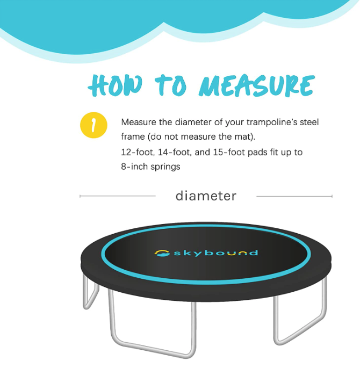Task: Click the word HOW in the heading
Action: pyautogui.click(x=115, y=85)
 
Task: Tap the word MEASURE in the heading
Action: pyautogui.click(x=257, y=85)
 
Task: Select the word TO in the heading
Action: pyautogui.click(x=171, y=85)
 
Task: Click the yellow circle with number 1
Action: pyautogui.click(x=93, y=125)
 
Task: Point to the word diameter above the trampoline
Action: pyautogui.click(x=206, y=196)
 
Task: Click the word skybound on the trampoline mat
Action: pyautogui.click(x=215, y=253)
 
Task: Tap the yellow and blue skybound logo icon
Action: pyautogui.click(x=162, y=253)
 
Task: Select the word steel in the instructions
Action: pyautogui.click(x=309, y=122)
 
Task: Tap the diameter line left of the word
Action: pyautogui.click(x=118, y=196)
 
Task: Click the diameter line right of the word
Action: pyautogui.click(x=294, y=196)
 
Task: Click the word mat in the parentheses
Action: pyautogui.click(x=243, y=137)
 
